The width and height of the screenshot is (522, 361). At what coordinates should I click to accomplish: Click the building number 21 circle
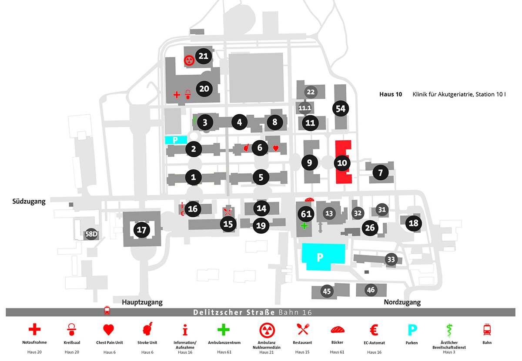204,56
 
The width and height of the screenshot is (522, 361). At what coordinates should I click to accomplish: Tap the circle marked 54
341,109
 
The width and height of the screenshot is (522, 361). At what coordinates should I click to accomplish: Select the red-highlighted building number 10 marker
342,163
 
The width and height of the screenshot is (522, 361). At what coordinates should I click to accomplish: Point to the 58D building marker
91,234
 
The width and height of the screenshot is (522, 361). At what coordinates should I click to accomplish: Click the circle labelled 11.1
305,108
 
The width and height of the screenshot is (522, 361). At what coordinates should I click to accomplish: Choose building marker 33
391,259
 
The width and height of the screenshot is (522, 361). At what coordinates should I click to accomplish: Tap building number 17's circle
142,230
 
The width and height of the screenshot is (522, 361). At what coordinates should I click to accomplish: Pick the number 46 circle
371,290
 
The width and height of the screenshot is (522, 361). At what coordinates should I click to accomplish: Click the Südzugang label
29,202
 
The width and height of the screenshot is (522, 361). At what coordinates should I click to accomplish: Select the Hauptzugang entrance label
142,302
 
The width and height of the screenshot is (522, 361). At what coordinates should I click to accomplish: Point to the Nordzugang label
402,302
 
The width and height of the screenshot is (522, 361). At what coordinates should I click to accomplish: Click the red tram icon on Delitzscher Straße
107,311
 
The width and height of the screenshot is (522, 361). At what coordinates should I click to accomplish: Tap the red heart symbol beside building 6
276,148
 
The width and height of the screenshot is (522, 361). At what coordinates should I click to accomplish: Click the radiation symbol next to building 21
189,60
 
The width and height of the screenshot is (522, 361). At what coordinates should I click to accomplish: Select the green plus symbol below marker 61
304,226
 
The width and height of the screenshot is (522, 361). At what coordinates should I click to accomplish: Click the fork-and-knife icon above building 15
228,212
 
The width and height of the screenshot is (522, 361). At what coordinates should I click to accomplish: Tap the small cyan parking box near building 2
176,140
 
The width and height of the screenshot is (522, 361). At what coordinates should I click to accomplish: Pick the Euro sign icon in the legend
374,330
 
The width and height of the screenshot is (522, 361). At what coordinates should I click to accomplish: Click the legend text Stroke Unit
147,343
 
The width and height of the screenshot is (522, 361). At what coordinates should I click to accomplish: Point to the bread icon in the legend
338,330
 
